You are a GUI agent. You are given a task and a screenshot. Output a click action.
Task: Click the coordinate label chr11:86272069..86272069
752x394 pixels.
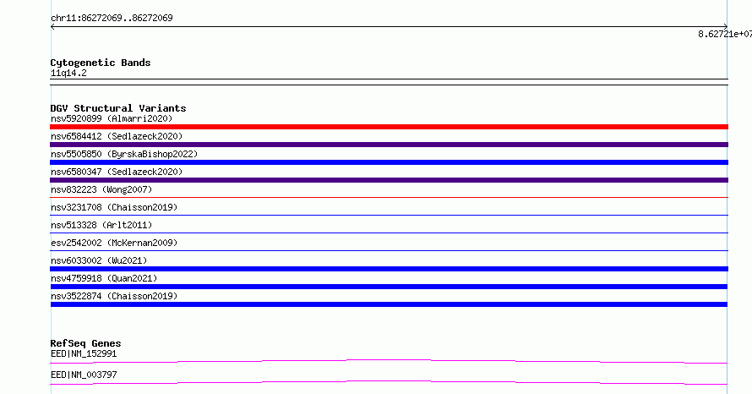pos(112,18)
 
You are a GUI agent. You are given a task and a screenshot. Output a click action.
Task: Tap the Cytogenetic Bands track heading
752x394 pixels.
pos(101,63)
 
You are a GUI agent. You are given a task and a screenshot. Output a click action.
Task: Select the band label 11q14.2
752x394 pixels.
pos(68,73)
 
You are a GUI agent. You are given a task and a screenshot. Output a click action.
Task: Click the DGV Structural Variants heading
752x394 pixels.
pos(118,108)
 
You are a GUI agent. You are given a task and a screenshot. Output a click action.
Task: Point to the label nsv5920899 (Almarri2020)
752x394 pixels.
pos(112,118)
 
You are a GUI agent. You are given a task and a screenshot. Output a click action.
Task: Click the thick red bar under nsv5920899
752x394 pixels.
pos(389,127)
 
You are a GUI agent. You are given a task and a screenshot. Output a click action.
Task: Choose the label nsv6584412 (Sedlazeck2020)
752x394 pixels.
pos(117,136)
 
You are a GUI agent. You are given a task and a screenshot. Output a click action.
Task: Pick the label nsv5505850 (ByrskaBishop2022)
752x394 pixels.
pos(124,154)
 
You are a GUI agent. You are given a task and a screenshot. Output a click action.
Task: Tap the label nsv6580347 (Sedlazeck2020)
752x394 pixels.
pos(117,172)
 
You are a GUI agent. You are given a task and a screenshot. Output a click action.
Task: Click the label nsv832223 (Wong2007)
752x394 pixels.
pos(101,189)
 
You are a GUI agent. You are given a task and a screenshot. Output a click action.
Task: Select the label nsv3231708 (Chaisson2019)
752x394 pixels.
pos(114,207)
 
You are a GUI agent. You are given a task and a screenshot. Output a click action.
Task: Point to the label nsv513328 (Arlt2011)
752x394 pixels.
pos(101,225)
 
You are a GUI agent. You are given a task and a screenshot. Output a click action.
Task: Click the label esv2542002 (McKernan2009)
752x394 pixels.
pos(114,243)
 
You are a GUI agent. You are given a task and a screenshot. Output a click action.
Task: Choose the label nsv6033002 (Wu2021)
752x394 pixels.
pos(99,260)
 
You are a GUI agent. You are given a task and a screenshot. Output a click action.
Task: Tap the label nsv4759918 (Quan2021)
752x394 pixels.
pos(104,278)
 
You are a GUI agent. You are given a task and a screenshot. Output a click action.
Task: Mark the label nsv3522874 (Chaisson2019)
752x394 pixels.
pos(114,296)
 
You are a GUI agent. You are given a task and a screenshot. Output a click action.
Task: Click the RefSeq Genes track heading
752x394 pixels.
pos(85,343)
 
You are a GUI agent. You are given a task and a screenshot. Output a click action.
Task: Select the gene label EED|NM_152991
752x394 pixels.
pos(84,353)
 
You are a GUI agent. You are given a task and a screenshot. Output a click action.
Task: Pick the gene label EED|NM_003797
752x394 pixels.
pos(84,375)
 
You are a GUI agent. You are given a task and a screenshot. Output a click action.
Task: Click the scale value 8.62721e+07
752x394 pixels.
pos(725,34)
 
